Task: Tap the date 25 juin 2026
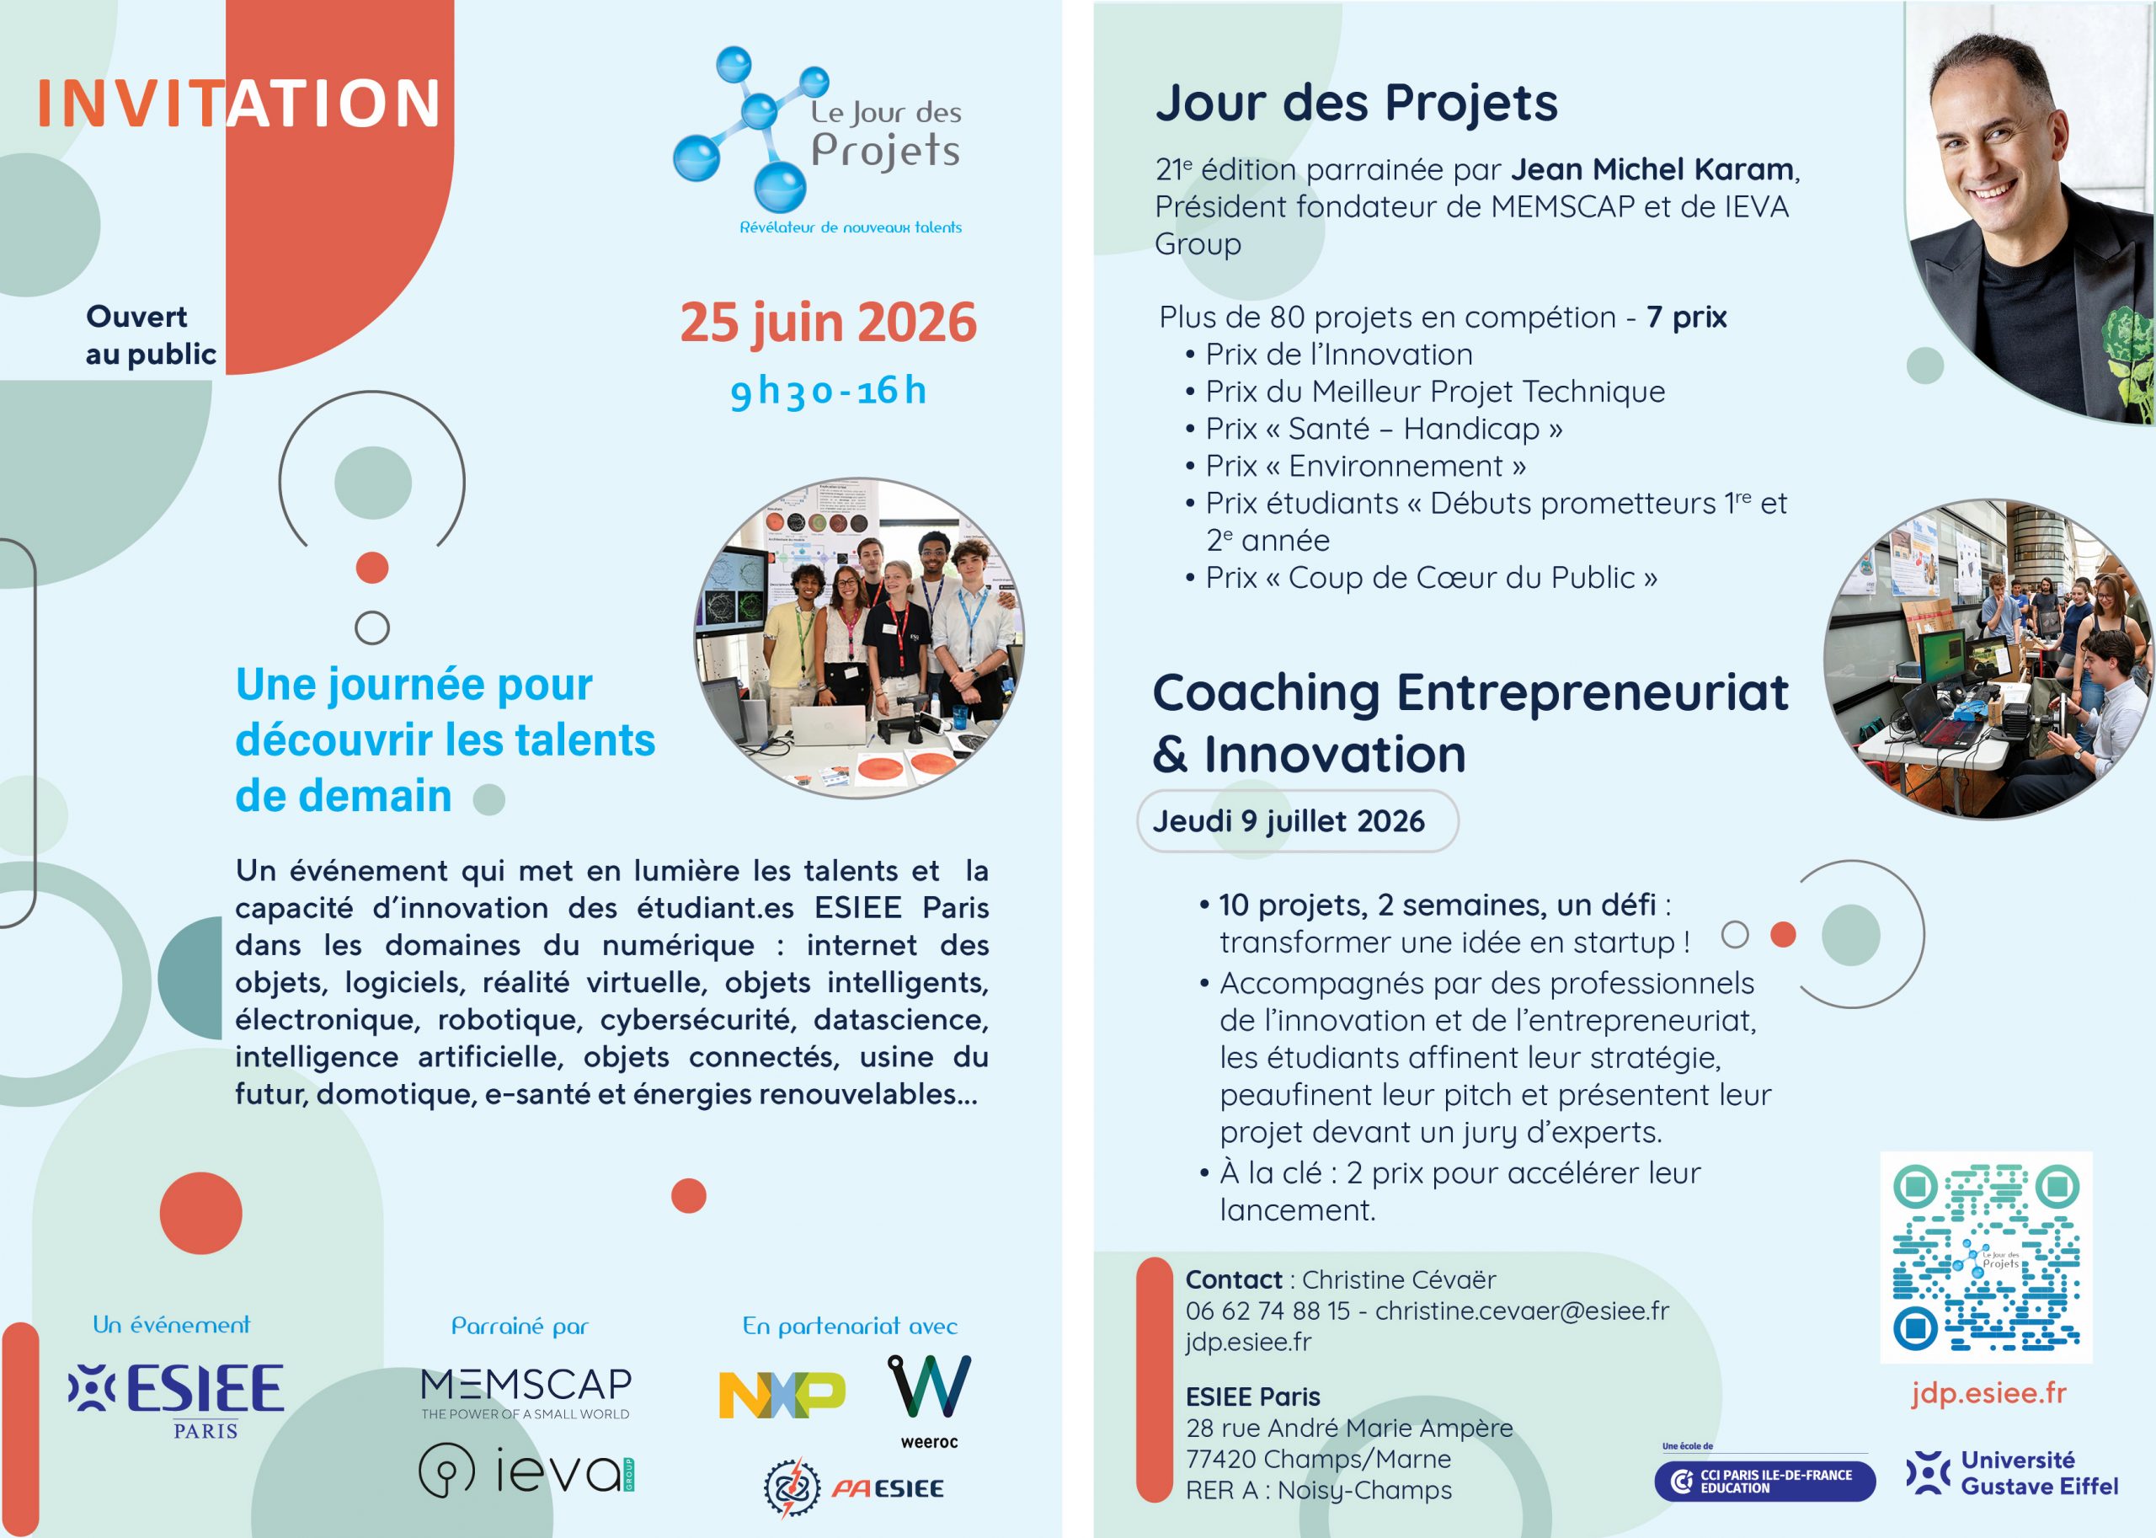[x=828, y=323]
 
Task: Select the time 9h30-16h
[x=828, y=390]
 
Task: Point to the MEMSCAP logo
[x=526, y=1393]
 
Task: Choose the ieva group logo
[x=526, y=1471]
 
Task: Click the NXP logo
[x=782, y=1395]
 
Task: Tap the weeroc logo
[x=929, y=1401]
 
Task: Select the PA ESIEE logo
[x=853, y=1487]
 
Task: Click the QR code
[x=1986, y=1258]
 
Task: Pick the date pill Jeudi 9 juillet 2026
[x=1296, y=821]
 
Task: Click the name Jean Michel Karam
[x=1652, y=169]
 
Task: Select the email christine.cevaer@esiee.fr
[x=1522, y=1311]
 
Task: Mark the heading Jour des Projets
[x=1356, y=102]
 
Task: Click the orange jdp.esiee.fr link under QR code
[x=1988, y=1393]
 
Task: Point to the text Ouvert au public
[x=151, y=335]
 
